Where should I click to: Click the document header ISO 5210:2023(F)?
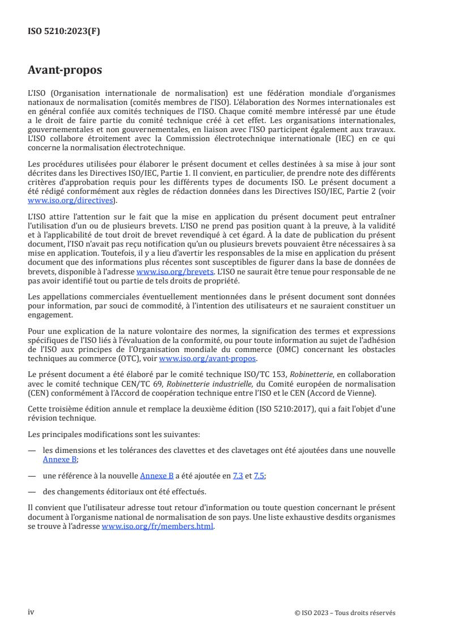click(x=63, y=32)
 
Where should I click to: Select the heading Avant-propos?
click(x=65, y=70)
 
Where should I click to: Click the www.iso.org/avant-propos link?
click(x=208, y=359)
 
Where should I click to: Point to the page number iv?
click(x=31, y=612)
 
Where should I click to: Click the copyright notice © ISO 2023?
click(x=345, y=612)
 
